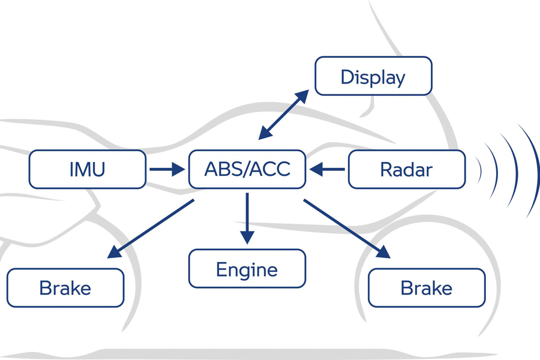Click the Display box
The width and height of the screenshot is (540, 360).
point(373,76)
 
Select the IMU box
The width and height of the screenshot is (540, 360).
point(88,169)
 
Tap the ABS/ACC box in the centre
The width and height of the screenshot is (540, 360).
point(247,169)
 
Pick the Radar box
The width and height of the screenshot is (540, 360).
point(407,169)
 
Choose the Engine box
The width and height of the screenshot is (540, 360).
point(247,268)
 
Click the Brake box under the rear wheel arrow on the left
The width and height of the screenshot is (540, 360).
point(65,287)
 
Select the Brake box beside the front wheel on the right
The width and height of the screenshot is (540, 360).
point(427,287)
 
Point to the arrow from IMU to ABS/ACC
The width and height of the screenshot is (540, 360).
point(167,169)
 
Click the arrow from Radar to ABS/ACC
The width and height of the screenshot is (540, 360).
point(327,169)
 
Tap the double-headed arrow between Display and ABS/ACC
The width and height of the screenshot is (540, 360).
point(283,115)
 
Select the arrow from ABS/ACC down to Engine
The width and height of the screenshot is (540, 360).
point(247,218)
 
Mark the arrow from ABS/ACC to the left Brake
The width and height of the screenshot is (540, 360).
point(151,229)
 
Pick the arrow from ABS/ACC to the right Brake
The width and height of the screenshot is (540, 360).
point(347,229)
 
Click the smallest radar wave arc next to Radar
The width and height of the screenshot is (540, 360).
point(481,170)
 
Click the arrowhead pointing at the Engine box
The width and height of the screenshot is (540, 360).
point(247,237)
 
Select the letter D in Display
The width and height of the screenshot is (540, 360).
point(347,77)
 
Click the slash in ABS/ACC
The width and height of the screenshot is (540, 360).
point(247,169)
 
